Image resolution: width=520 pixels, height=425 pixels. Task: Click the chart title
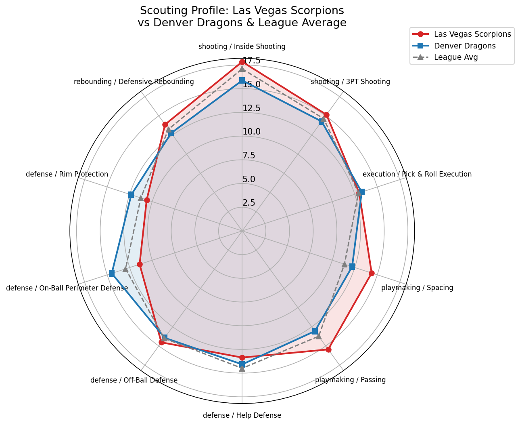242,17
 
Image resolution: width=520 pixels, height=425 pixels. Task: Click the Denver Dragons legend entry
464,46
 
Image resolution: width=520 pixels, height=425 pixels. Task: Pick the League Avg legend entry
455,57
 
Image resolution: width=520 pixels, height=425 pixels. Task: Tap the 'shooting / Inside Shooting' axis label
242,46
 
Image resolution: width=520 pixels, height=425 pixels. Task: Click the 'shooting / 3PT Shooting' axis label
350,82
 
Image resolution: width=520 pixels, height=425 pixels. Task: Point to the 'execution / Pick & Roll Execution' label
417,174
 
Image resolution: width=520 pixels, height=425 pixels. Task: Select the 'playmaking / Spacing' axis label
417,288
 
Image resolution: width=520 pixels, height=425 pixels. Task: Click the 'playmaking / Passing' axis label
350,380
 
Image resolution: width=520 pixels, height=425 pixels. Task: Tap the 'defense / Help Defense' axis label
242,415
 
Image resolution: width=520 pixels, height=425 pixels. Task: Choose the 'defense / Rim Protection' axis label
67,174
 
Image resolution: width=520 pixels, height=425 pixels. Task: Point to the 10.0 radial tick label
251,132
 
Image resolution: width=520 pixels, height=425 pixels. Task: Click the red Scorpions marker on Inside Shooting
242,62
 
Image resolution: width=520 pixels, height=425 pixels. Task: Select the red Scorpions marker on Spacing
372,273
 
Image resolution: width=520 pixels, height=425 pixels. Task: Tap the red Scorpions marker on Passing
328,349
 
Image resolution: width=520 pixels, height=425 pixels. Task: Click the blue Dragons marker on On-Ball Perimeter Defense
112,274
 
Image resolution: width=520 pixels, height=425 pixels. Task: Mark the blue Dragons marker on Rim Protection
131,195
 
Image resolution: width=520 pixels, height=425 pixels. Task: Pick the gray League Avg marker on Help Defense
242,368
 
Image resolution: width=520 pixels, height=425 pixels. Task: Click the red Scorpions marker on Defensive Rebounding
165,124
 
